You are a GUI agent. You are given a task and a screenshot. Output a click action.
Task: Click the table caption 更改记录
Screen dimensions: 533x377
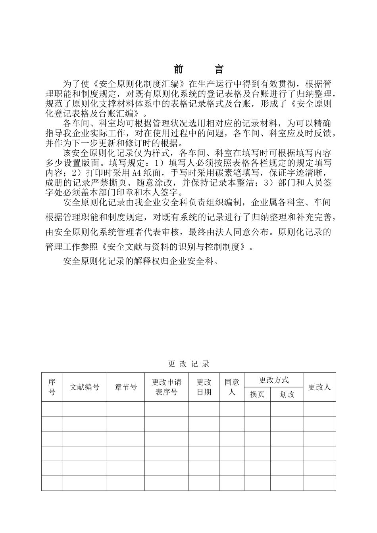click(x=188, y=364)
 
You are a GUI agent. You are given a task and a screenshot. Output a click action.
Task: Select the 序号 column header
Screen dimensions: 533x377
click(x=52, y=387)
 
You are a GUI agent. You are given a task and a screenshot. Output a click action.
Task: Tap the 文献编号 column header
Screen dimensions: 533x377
click(x=85, y=387)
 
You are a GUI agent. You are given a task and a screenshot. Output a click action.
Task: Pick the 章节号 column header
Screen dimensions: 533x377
click(x=126, y=387)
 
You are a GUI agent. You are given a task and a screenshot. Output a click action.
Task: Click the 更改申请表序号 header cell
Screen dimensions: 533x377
click(x=166, y=387)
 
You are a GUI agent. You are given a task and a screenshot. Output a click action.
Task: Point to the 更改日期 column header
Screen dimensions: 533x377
click(x=204, y=387)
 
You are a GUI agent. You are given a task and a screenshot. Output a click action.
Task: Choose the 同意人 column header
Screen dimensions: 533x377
click(x=232, y=387)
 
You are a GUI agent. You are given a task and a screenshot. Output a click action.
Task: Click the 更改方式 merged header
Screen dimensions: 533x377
click(x=273, y=380)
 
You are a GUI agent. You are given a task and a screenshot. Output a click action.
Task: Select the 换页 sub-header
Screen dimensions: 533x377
click(x=257, y=395)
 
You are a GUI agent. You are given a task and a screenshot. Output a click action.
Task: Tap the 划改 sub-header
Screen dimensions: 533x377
click(x=287, y=395)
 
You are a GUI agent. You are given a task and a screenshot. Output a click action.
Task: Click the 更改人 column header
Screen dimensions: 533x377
click(x=319, y=387)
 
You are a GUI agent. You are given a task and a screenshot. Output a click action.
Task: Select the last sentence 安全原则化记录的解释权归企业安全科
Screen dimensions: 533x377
click(x=141, y=261)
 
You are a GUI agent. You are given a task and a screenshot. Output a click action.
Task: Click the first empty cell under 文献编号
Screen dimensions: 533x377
click(x=85, y=409)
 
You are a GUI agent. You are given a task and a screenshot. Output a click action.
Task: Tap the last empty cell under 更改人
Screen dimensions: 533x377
click(x=319, y=483)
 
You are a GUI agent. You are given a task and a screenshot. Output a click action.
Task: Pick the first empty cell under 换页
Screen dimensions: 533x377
click(x=257, y=409)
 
